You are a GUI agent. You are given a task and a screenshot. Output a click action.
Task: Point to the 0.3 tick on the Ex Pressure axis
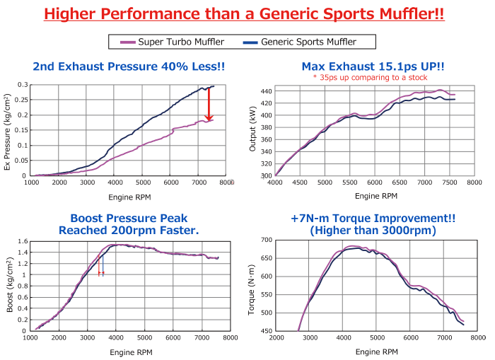[x=23, y=85]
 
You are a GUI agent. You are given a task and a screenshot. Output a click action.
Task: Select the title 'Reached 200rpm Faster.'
[x=129, y=231]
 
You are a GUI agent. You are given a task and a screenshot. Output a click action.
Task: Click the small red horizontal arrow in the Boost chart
[x=101, y=273]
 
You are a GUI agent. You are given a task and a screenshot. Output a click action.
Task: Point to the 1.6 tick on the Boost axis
[x=23, y=241]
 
